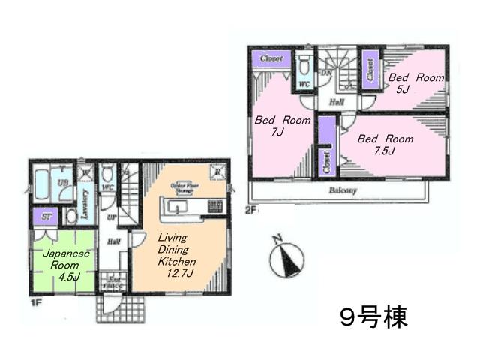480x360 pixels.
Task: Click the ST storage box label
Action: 46,217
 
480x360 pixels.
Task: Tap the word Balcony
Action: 342,190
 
